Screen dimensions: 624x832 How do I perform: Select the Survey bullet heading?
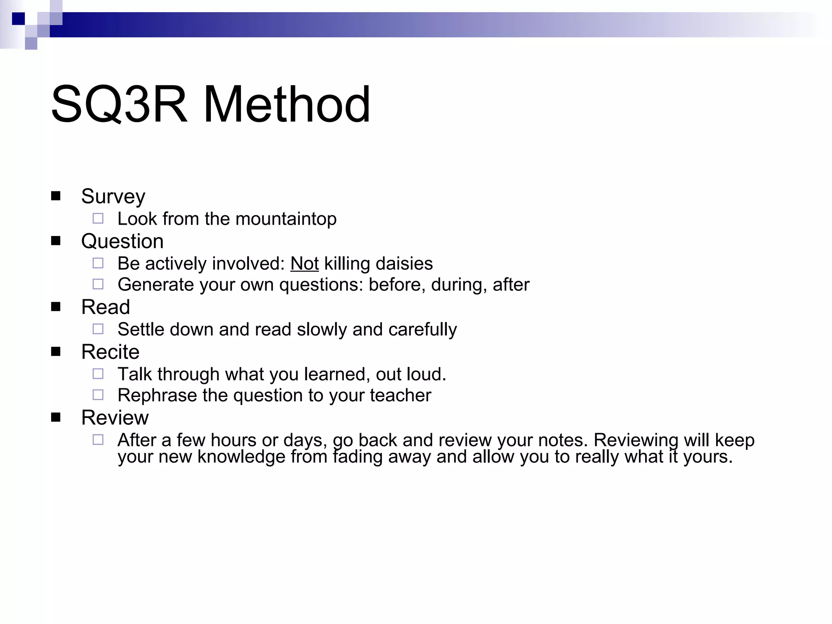click(113, 197)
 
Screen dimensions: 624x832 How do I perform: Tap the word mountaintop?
click(286, 219)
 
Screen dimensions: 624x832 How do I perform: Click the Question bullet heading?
click(122, 241)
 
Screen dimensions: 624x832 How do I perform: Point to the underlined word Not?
click(304, 264)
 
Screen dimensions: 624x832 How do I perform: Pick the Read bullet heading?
click(106, 307)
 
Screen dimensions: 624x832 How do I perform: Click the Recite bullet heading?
click(110, 352)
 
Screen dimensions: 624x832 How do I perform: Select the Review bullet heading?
click(115, 418)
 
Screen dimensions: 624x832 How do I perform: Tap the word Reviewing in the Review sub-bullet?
click(636, 440)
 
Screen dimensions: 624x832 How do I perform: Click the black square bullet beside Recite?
click(56, 351)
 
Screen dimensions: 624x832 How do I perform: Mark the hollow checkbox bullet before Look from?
click(98, 219)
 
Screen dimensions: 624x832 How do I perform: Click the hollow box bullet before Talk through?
click(98, 374)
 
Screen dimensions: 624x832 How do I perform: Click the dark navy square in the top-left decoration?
click(18, 19)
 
